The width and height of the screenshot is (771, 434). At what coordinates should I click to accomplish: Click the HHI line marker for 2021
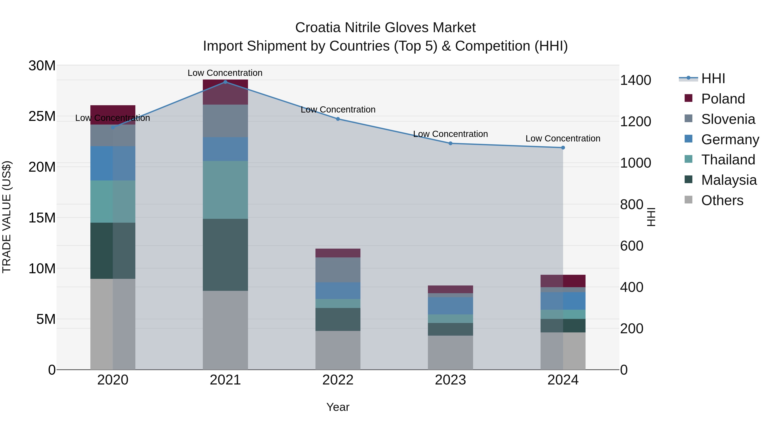click(225, 82)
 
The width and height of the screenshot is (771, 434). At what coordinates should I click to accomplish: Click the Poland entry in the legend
click(723, 99)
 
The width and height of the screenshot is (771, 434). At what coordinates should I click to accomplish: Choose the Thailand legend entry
click(728, 160)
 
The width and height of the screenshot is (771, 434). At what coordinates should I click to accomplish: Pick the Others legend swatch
click(688, 200)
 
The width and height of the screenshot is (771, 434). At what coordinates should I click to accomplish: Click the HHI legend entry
click(712, 78)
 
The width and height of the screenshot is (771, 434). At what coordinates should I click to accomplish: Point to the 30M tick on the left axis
click(42, 66)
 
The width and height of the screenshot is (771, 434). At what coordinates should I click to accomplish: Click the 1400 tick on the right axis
click(635, 80)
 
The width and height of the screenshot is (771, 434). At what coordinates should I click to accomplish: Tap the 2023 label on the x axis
click(450, 380)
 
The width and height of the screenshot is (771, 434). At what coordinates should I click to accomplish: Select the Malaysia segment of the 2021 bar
click(225, 255)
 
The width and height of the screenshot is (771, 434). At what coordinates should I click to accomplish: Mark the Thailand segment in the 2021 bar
click(225, 190)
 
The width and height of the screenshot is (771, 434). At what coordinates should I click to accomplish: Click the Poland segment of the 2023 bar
click(450, 289)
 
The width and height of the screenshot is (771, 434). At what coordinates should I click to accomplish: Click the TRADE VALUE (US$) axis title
click(7, 217)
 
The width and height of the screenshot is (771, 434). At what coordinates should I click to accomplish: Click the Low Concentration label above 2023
click(450, 134)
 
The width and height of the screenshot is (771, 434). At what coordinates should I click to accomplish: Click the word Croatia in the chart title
click(318, 28)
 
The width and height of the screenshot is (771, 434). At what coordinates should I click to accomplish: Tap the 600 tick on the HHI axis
click(632, 246)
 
